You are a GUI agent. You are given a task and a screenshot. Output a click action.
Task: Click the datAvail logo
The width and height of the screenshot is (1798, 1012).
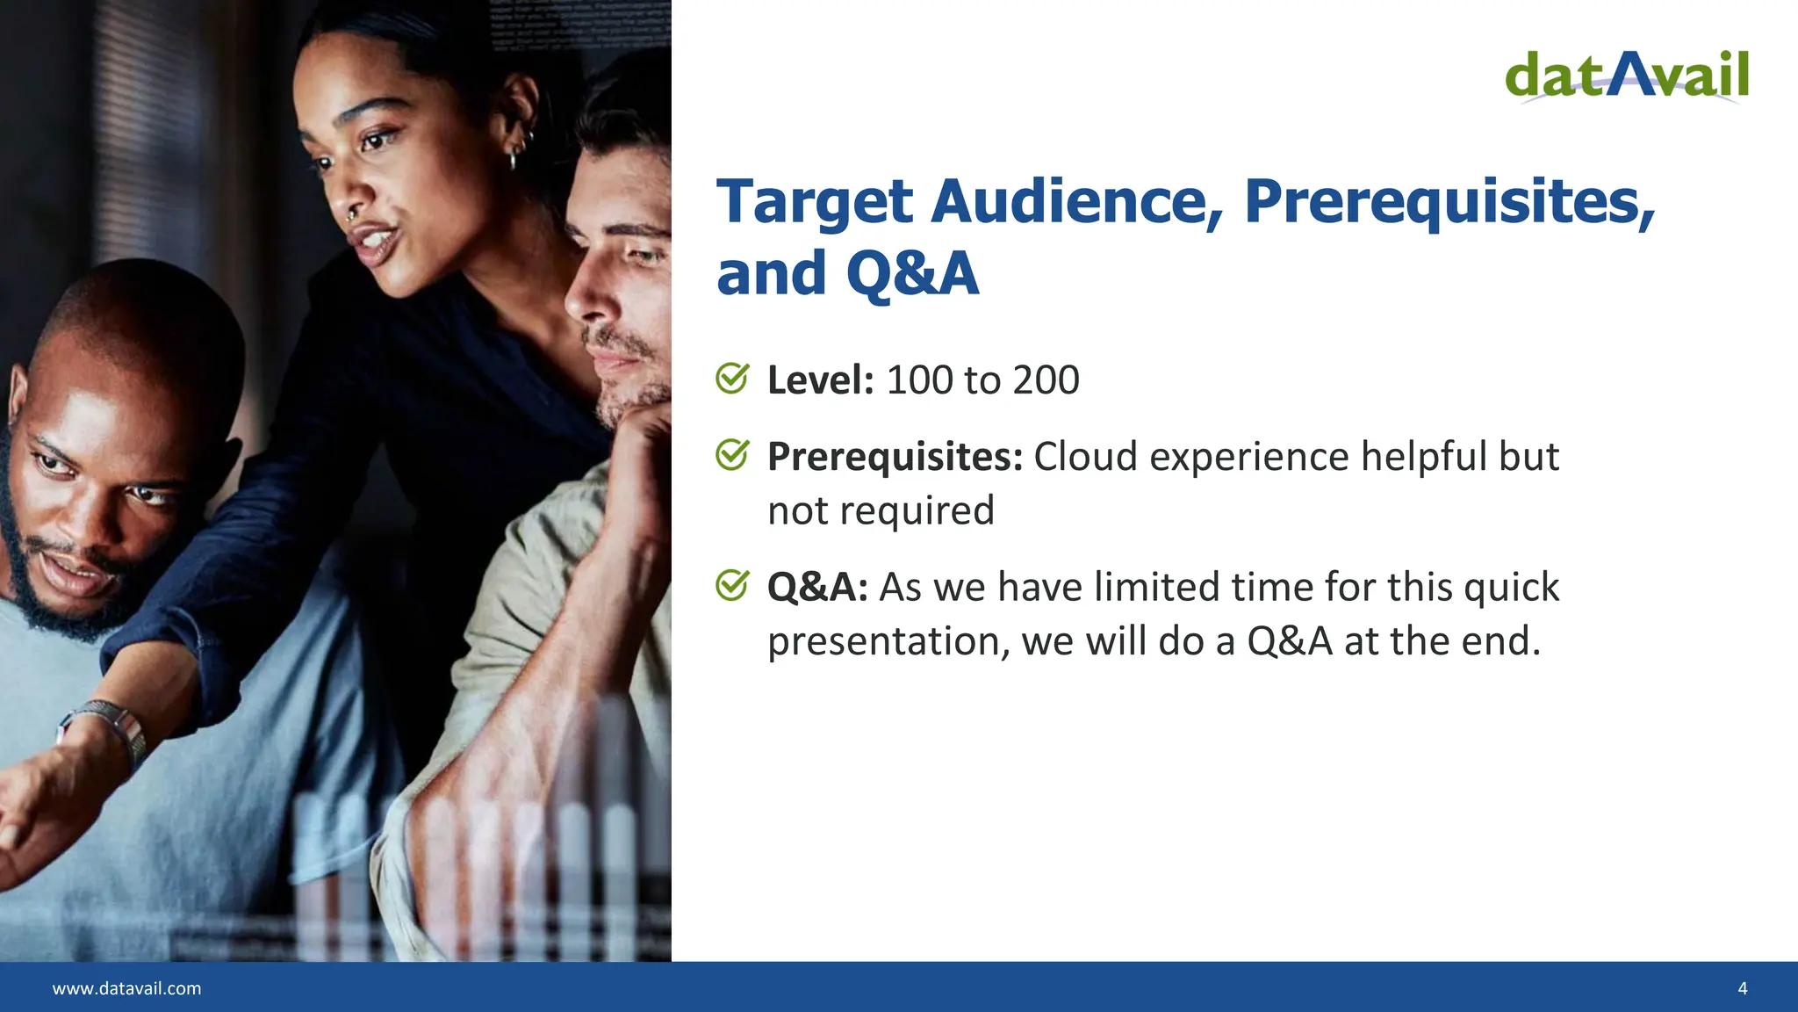tap(1627, 76)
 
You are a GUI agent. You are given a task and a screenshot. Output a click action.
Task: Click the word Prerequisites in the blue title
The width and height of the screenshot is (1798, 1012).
tap(1449, 202)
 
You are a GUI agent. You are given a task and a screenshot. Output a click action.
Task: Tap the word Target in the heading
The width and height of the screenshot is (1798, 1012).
tap(814, 202)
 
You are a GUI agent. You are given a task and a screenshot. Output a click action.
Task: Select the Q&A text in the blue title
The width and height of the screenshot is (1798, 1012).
tap(912, 273)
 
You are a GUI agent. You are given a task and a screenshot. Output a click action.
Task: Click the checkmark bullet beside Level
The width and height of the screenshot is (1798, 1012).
tap(732, 379)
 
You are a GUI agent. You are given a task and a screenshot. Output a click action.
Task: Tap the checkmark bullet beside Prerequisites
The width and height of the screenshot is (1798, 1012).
tap(732, 455)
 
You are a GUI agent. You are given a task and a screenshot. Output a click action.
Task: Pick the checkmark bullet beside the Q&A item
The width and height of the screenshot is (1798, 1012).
tap(732, 585)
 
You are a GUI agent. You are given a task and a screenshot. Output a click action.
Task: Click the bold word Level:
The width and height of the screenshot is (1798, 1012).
tap(820, 380)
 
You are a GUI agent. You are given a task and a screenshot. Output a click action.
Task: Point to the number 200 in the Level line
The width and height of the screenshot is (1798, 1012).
tap(1046, 380)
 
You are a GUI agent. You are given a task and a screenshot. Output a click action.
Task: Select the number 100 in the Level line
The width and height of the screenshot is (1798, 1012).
tap(919, 380)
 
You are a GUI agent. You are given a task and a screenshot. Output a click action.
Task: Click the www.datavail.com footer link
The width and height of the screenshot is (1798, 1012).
tap(126, 988)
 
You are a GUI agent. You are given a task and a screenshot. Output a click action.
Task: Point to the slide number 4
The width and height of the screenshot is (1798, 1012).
tap(1742, 988)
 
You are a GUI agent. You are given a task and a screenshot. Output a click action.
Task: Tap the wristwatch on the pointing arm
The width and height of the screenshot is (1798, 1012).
tap(114, 725)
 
